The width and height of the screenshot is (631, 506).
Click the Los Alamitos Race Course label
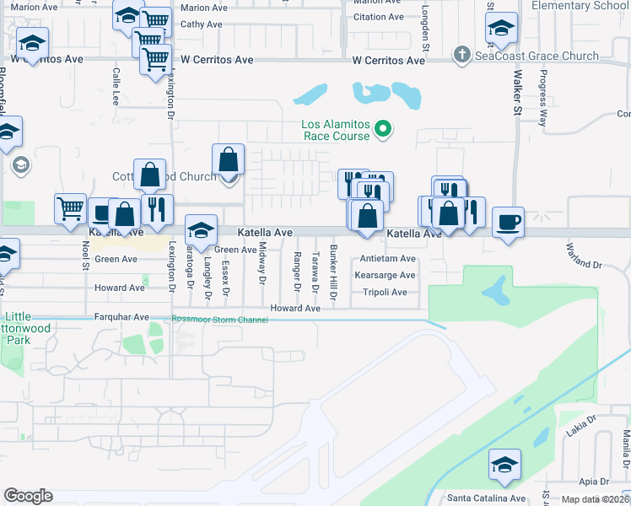[x=336, y=130]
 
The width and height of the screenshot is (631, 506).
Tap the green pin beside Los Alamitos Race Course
[x=383, y=129]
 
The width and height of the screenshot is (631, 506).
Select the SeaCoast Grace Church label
[x=537, y=57]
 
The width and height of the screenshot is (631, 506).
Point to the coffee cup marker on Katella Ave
[x=508, y=222]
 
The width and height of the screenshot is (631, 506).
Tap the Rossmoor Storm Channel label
[x=219, y=320]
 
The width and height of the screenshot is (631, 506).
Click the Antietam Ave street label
[x=388, y=259]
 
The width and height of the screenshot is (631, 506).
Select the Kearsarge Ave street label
[x=385, y=276]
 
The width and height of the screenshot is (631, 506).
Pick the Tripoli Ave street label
[x=385, y=293]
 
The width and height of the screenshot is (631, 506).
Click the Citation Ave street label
[x=379, y=17]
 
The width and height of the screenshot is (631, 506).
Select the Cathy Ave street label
[x=202, y=24]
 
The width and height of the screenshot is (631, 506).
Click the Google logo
[x=28, y=496]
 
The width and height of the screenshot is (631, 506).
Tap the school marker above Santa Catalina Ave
[x=505, y=464]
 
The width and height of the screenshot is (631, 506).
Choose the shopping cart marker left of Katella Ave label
[x=70, y=208]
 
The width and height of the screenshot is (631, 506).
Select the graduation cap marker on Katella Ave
[x=201, y=229]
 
